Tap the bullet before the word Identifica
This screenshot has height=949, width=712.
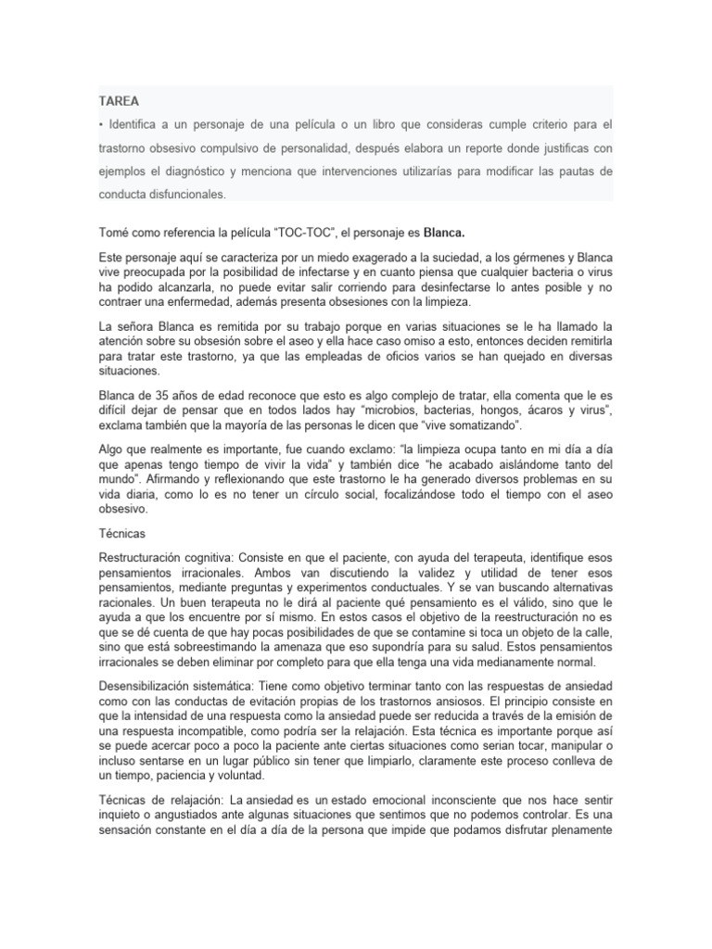coord(101,123)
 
